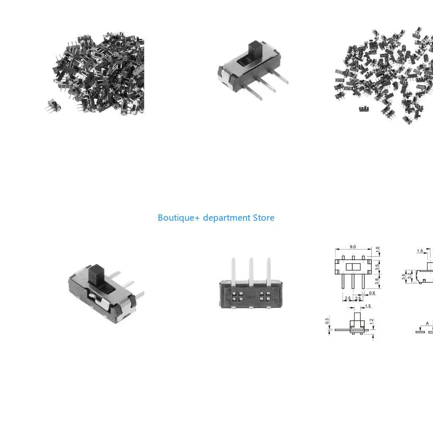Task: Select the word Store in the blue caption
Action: (x=264, y=218)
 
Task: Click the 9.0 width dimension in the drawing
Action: (x=353, y=247)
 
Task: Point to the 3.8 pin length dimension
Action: (x=377, y=281)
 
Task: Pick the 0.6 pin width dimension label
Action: (x=372, y=293)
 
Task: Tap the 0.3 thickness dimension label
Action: (x=327, y=321)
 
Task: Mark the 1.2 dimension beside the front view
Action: (x=371, y=321)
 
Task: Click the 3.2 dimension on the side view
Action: (x=409, y=276)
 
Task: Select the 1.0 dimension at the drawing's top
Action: (x=378, y=249)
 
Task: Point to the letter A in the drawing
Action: (x=427, y=323)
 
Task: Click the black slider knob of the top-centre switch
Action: (x=255, y=50)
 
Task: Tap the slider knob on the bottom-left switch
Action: (x=97, y=274)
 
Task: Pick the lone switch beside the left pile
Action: (x=53, y=106)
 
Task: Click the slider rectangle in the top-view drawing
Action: (x=353, y=267)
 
